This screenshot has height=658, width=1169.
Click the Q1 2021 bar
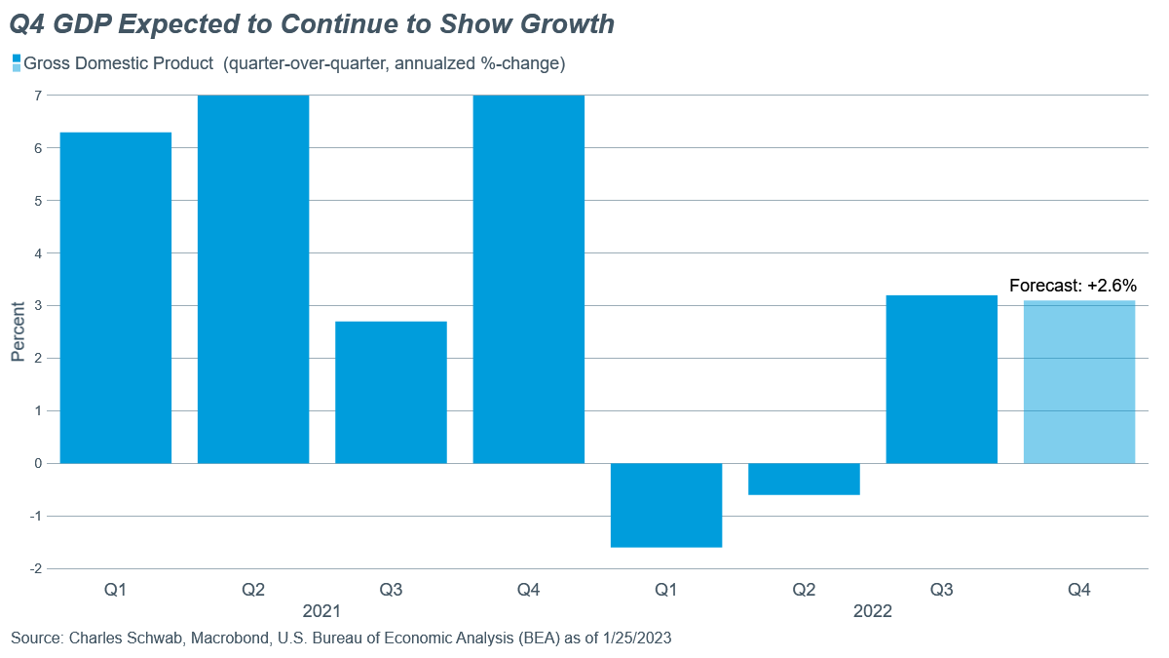pos(116,297)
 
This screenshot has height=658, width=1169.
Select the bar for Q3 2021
pos(391,392)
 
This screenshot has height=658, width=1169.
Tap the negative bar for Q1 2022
pos(666,505)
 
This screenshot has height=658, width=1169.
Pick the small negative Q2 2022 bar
pos(804,479)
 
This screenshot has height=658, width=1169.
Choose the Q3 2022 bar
pos(941,379)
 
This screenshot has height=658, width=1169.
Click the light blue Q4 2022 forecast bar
pos(1079,381)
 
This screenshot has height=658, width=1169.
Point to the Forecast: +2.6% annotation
pos(1073,286)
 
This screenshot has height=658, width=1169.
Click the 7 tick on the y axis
pos(38,96)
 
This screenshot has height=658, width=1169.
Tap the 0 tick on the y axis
pos(38,463)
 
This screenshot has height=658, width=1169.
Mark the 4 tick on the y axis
pos(38,253)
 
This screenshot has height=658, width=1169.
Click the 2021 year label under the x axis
pos(321,612)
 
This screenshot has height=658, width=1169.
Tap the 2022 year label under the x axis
pos(872,612)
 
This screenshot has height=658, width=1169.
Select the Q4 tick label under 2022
pos(1079,590)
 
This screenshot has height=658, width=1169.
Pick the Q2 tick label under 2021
pos(253,590)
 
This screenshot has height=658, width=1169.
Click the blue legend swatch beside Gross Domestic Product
pos(16,63)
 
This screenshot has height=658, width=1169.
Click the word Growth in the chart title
pos(563,24)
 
